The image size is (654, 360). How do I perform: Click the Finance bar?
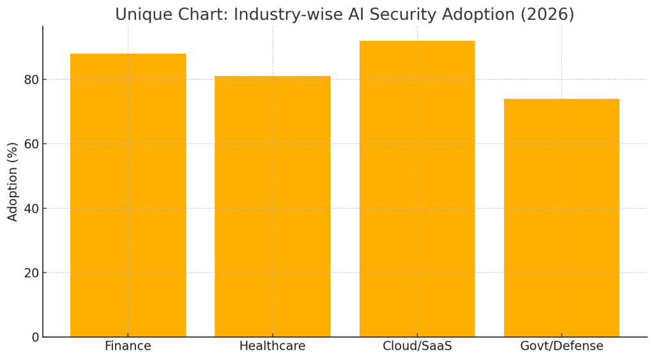point(128,195)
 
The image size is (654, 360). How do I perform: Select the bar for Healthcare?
point(272,206)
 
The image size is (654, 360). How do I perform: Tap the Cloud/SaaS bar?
point(417,188)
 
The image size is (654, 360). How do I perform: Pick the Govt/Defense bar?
point(561,218)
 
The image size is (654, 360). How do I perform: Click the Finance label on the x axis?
point(128,347)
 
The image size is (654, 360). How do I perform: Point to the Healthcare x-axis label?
point(272,347)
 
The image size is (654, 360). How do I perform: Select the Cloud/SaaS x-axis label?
point(417,347)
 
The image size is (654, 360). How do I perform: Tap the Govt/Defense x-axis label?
point(561,347)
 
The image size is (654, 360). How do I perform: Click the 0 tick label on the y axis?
point(35,337)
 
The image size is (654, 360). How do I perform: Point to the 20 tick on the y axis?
point(31,273)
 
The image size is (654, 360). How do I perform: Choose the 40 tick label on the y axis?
point(31,208)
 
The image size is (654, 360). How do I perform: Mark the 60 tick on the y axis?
point(31,144)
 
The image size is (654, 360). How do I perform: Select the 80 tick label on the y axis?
point(31,80)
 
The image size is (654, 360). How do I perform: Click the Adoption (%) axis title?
point(13,182)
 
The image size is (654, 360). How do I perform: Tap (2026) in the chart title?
point(550,15)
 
